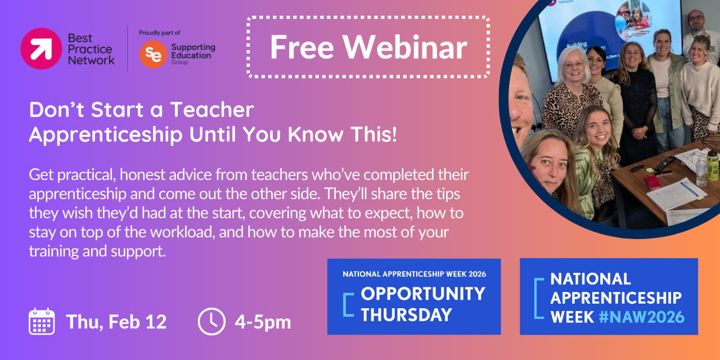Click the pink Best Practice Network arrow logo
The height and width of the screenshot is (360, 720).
point(41,48)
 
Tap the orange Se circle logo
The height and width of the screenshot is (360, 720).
point(153,55)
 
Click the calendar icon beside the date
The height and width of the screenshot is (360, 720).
point(42,321)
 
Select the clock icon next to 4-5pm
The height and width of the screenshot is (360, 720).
point(211,321)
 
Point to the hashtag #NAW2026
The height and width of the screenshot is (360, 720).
point(642,317)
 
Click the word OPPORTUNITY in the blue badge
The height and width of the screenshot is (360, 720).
point(423,294)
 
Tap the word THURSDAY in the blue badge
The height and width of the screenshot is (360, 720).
point(407,314)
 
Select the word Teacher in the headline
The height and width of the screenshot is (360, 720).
point(212,110)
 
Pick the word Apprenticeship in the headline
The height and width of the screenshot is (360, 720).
point(106,135)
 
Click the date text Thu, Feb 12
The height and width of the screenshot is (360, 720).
point(116,322)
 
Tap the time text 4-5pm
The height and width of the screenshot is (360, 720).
point(263,322)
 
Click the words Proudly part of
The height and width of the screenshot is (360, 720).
point(159,33)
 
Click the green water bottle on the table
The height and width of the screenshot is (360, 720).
point(713,165)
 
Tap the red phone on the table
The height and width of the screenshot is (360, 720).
point(653,182)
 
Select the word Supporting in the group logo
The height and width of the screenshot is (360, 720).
point(193,48)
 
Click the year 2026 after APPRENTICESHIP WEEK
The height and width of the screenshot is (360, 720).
point(478,274)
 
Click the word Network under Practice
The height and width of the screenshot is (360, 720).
point(91,60)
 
